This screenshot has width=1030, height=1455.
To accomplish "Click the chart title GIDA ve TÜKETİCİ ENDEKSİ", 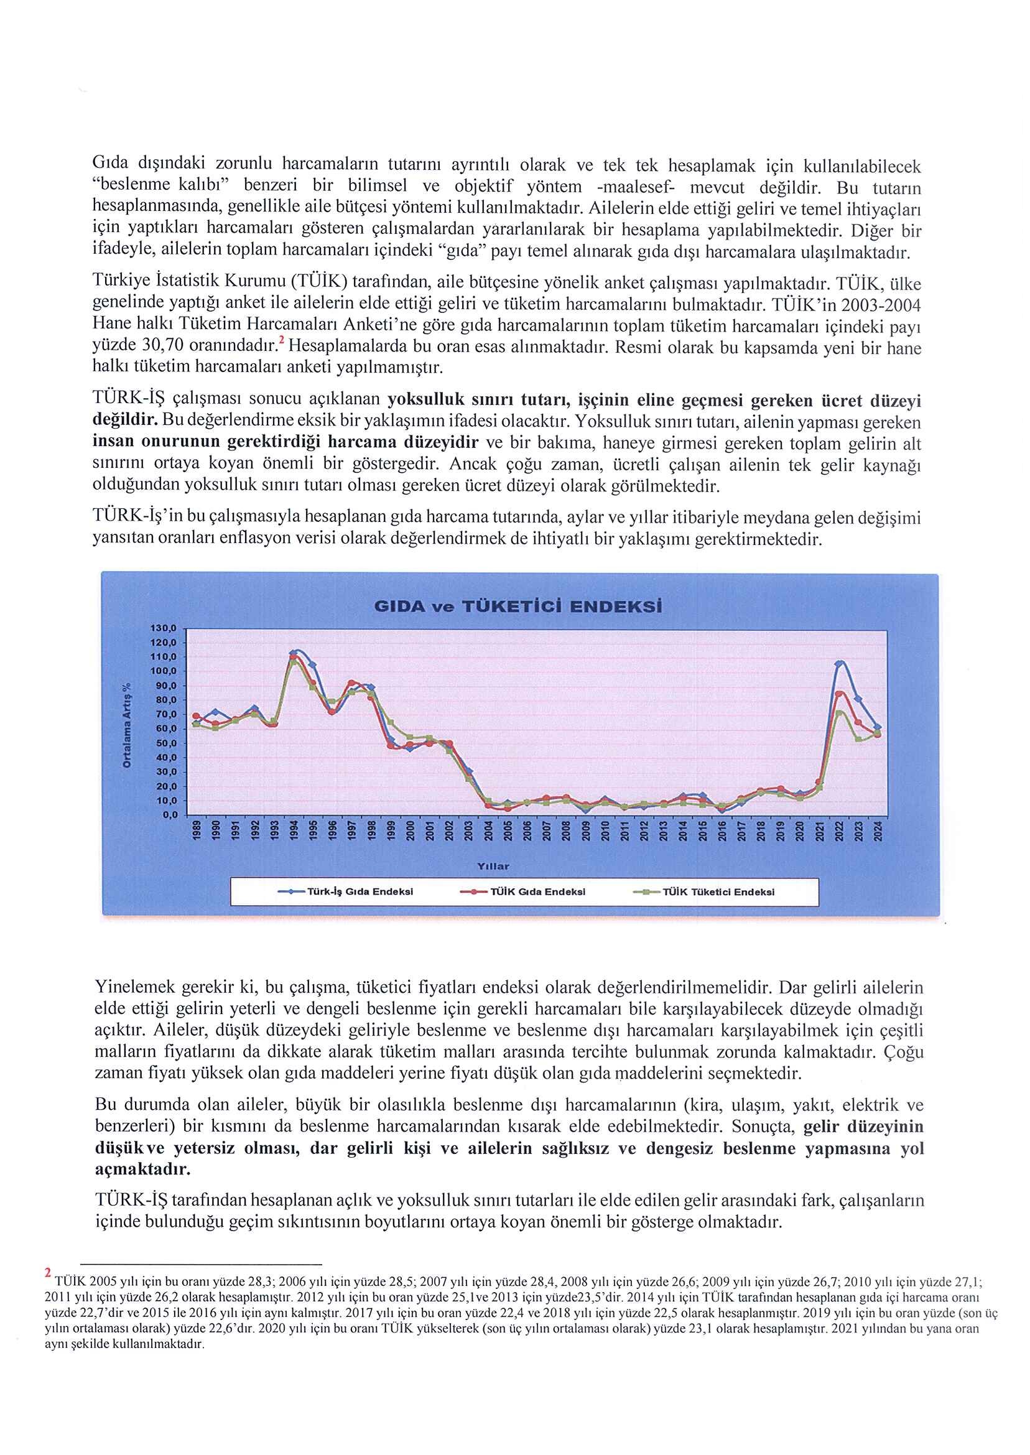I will [x=517, y=606].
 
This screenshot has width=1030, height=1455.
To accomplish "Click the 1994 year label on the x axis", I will [x=294, y=831].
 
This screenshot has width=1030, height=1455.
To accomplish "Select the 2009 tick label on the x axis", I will [x=586, y=831].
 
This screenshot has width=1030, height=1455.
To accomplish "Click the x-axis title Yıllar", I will [x=493, y=866].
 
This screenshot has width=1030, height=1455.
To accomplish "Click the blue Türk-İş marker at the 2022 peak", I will [x=838, y=664].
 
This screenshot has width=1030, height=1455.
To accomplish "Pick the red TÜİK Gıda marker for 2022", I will [x=838, y=694].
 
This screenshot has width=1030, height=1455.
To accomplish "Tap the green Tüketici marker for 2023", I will [x=858, y=739].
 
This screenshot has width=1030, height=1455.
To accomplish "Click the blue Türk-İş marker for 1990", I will [x=215, y=711].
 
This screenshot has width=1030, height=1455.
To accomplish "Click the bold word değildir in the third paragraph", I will [x=124, y=420].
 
